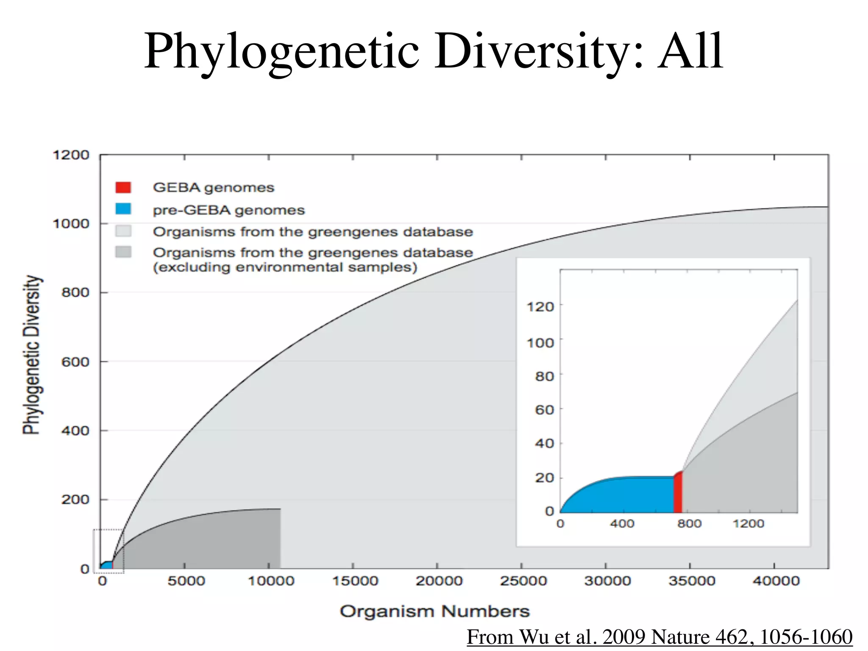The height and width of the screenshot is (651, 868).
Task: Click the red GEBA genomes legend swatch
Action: (x=123, y=187)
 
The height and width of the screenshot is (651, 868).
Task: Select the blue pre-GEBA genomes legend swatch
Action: (x=123, y=209)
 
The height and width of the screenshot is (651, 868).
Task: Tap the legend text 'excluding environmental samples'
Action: (x=285, y=267)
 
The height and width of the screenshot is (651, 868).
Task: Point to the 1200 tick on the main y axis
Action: (x=71, y=155)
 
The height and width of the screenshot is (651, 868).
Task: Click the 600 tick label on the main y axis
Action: (x=75, y=362)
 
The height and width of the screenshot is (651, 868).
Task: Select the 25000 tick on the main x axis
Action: (x=523, y=581)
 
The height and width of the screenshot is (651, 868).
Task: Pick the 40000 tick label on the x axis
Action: (x=776, y=581)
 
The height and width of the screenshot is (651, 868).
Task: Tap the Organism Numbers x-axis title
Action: (x=434, y=612)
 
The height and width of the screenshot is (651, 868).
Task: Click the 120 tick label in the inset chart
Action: (x=540, y=306)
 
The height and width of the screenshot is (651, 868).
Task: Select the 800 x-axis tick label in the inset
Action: (x=689, y=524)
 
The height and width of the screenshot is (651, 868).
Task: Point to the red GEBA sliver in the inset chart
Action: (x=678, y=494)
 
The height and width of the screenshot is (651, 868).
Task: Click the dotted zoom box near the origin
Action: (x=108, y=551)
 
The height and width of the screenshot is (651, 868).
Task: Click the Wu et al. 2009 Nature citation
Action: (x=659, y=637)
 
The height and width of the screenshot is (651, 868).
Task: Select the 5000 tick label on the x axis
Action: (x=186, y=581)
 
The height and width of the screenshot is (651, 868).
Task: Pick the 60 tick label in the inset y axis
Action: (x=544, y=410)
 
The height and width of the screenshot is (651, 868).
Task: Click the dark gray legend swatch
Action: (x=123, y=252)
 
